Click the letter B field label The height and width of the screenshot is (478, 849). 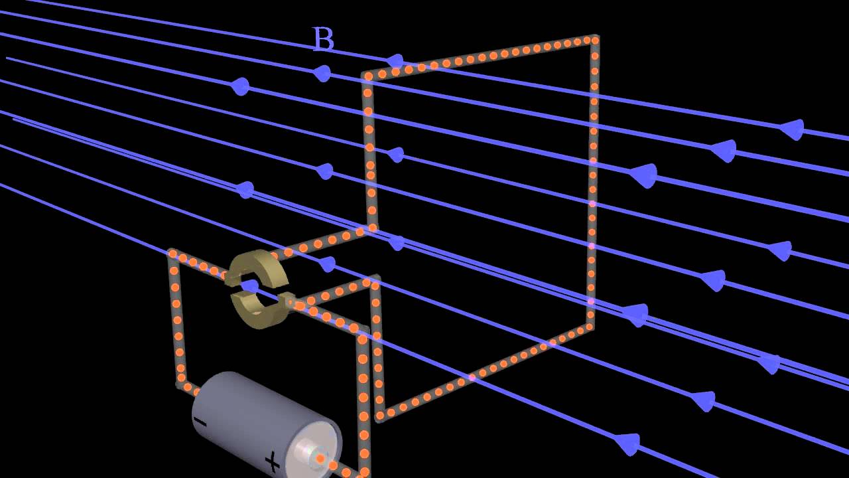(x=323, y=40)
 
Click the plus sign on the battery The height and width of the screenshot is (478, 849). (x=273, y=461)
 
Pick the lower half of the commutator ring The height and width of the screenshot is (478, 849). (x=259, y=312)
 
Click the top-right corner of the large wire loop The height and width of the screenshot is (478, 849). (x=594, y=40)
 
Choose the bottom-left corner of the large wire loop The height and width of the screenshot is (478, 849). (x=380, y=416)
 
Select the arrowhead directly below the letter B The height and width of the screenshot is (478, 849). (x=322, y=73)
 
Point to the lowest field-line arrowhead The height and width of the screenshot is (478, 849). (x=627, y=443)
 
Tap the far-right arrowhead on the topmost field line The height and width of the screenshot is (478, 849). (x=791, y=129)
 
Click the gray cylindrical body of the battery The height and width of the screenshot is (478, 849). (x=252, y=412)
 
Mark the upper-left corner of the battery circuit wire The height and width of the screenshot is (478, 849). (x=172, y=254)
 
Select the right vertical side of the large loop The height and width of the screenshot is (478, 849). (x=592, y=186)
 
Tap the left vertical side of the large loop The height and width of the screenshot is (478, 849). (x=369, y=153)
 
